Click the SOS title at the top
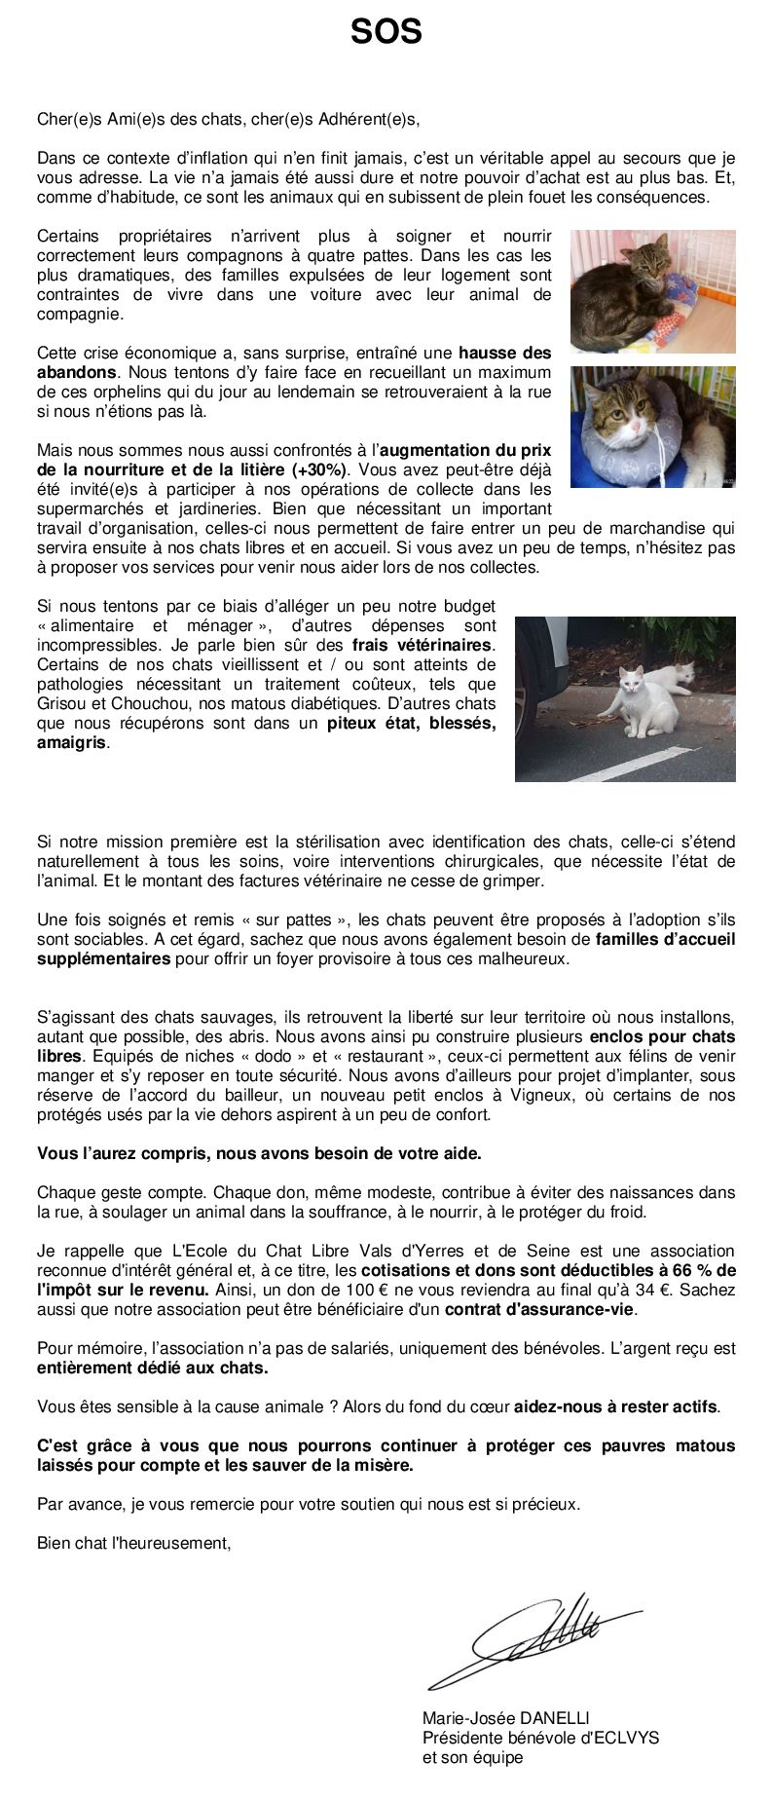pyautogui.click(x=386, y=32)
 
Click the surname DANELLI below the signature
pyautogui.click(x=550, y=1717)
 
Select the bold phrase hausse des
pyautogui.click(x=504, y=353)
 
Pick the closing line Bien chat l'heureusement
pyautogui.click(x=134, y=1543)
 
